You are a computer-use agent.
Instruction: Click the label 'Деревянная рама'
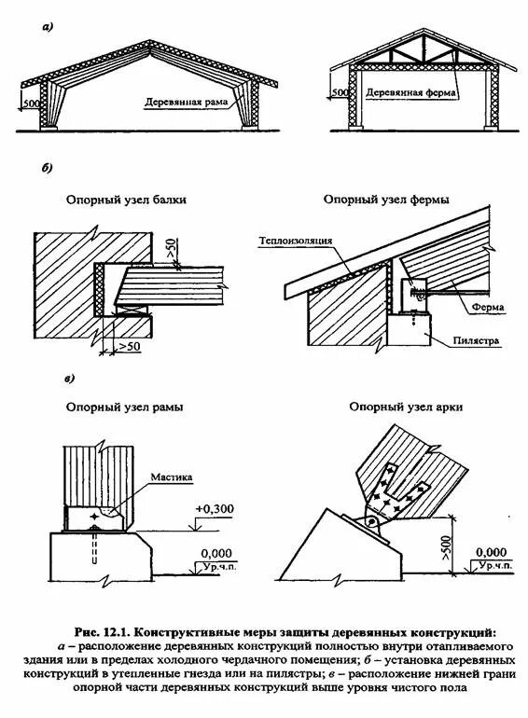186,102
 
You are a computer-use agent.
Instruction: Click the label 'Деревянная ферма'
410,92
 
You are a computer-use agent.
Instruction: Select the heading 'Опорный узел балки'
126,200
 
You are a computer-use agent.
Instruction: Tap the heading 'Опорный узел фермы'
386,200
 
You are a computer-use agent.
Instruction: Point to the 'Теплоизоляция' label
296,241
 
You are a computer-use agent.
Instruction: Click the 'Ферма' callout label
488,307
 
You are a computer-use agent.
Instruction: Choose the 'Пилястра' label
476,340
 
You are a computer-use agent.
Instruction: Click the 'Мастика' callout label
172,477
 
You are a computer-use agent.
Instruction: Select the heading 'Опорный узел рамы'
125,407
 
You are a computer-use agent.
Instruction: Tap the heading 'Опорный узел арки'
406,407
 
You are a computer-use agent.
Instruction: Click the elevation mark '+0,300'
215,509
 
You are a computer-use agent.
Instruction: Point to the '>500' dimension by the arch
447,545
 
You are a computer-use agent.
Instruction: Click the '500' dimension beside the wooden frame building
31,104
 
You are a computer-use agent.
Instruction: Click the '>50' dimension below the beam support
129,347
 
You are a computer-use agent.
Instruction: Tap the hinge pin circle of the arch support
372,520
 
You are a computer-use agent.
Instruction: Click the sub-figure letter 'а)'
48,27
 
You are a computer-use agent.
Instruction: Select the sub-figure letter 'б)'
48,169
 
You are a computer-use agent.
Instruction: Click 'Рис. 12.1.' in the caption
103,633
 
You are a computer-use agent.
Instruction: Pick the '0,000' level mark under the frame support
216,554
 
